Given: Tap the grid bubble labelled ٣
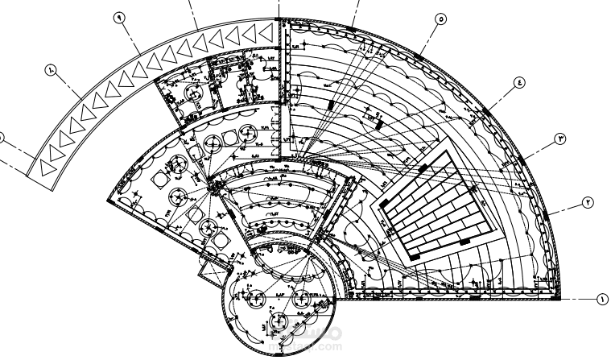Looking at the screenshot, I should pyautogui.click(x=561, y=139).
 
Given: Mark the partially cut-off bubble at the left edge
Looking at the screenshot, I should pyautogui.click(x=2, y=138).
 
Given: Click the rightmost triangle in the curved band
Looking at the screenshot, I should pyautogui.click(x=263, y=31).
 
